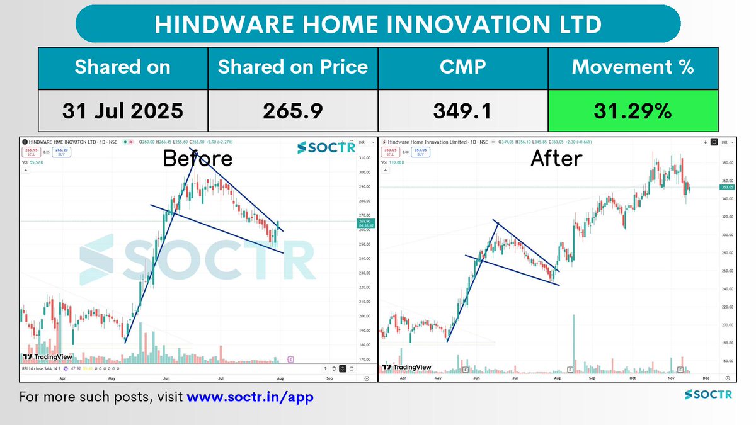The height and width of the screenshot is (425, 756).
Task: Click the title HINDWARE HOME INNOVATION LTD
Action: tap(378, 25)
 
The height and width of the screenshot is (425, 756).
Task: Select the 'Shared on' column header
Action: tap(122, 67)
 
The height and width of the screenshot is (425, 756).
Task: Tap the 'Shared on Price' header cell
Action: tap(293, 67)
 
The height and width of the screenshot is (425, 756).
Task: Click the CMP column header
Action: tap(463, 67)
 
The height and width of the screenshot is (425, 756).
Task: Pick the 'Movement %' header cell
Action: tap(633, 67)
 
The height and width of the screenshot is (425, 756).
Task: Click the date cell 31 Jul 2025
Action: tap(122, 111)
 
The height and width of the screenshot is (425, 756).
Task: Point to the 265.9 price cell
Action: tap(293, 111)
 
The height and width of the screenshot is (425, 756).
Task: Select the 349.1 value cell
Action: tap(463, 111)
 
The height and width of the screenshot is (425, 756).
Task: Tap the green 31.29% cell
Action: tap(633, 111)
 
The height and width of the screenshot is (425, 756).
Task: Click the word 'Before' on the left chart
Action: tap(197, 158)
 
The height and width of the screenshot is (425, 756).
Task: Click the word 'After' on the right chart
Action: tap(556, 159)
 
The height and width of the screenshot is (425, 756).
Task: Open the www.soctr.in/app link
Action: tap(250, 397)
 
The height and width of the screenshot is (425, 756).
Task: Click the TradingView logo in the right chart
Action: tap(407, 367)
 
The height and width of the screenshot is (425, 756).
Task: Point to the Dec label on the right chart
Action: tap(706, 379)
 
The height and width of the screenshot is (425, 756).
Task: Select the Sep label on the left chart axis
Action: tap(329, 379)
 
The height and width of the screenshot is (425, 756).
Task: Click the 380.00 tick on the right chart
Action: tap(728, 163)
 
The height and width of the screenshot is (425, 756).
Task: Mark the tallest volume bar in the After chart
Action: tap(574, 340)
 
